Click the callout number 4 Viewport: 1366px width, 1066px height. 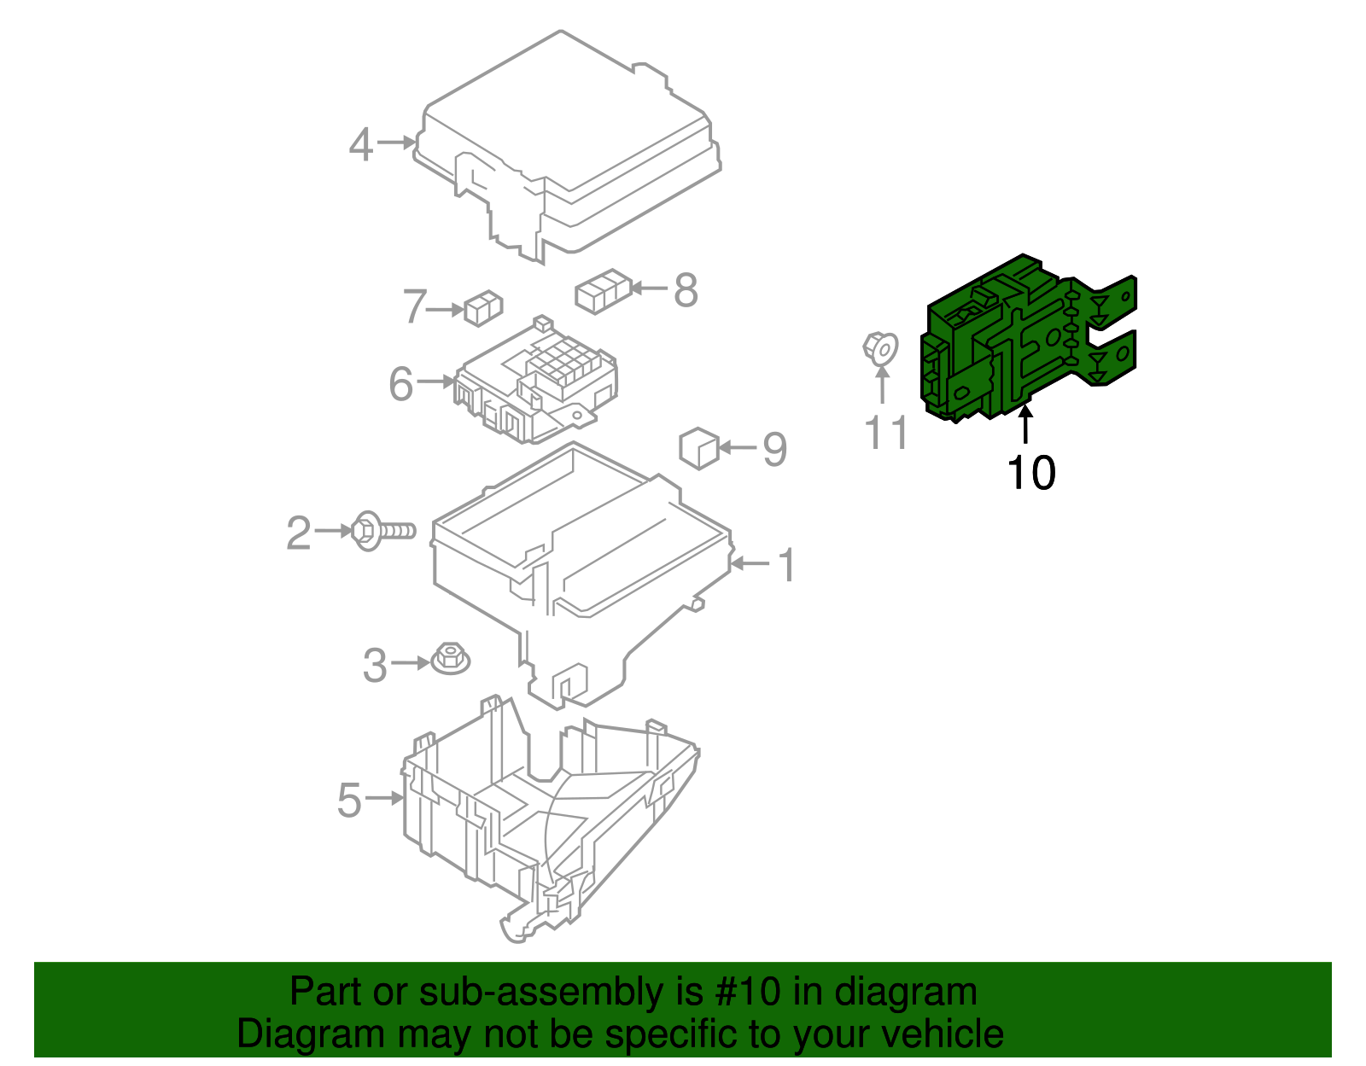(360, 145)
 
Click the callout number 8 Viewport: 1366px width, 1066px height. (686, 290)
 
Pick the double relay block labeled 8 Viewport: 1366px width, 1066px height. (604, 290)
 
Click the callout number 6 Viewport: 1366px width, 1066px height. (401, 384)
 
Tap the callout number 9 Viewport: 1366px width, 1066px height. (773, 449)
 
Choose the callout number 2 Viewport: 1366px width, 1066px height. (298, 533)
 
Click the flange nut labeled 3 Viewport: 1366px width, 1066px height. (451, 659)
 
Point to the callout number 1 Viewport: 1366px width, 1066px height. (787, 565)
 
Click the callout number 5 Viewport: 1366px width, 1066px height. (349, 801)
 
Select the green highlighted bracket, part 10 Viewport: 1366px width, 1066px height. (1016, 341)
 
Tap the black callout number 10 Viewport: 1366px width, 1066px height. (1030, 473)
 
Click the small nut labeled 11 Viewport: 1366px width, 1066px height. (880, 348)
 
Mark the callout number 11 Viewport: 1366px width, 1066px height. (886, 434)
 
